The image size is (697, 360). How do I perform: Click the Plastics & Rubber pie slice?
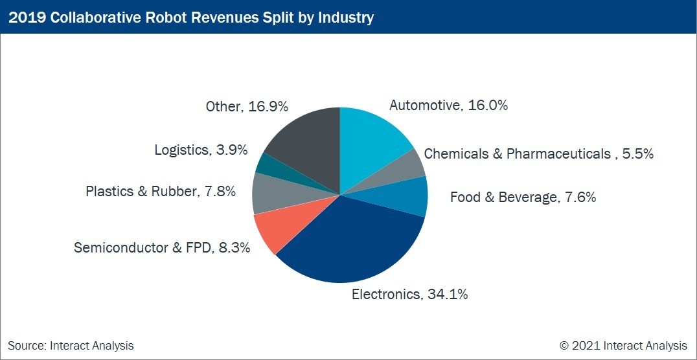266,193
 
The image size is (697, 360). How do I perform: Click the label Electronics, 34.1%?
409,295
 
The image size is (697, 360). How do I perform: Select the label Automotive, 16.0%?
448,106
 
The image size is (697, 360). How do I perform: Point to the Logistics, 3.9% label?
201,150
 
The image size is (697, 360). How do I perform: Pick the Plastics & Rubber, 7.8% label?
161,192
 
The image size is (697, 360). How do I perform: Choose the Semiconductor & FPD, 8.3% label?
162,247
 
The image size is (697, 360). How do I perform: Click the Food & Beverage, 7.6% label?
523,197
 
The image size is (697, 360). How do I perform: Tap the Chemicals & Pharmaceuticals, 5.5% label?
538,154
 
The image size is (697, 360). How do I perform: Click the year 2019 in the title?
26,17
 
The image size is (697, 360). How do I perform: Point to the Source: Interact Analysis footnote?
71,346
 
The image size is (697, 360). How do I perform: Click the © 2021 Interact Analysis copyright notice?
623,346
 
